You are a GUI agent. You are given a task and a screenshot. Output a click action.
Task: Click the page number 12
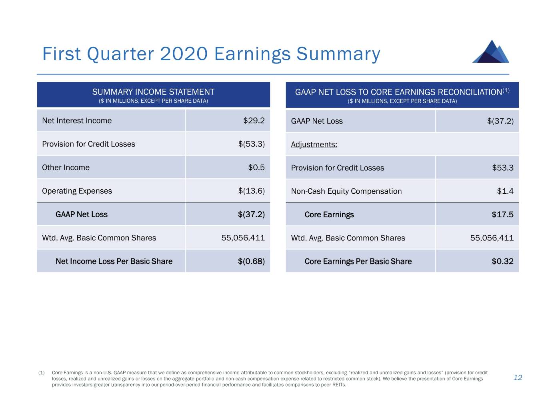(x=518, y=378)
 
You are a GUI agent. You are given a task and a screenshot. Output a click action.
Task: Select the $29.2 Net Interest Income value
(x=254, y=121)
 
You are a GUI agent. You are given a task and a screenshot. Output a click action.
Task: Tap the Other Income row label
(x=66, y=167)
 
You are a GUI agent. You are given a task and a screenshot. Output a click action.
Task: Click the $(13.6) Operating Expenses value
(x=252, y=191)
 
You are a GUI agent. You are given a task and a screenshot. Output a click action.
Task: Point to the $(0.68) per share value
(x=251, y=261)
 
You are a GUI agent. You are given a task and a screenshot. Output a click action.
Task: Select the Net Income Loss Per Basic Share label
(x=114, y=261)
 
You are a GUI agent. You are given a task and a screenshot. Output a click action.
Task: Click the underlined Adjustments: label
(x=314, y=144)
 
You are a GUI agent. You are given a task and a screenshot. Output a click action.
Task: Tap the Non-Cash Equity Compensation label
(x=346, y=191)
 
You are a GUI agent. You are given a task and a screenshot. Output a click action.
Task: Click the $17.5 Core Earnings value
(x=502, y=214)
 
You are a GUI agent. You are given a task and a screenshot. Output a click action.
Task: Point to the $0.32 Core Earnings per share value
(x=502, y=261)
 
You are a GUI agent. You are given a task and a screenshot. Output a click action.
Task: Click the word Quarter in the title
(x=120, y=54)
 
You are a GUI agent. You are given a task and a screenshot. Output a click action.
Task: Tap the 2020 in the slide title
(x=184, y=54)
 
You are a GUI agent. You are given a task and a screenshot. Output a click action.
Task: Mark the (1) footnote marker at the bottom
(x=41, y=373)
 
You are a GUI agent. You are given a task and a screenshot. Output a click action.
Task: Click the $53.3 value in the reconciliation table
(x=503, y=168)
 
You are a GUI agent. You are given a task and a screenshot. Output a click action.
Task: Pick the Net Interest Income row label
(x=77, y=121)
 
